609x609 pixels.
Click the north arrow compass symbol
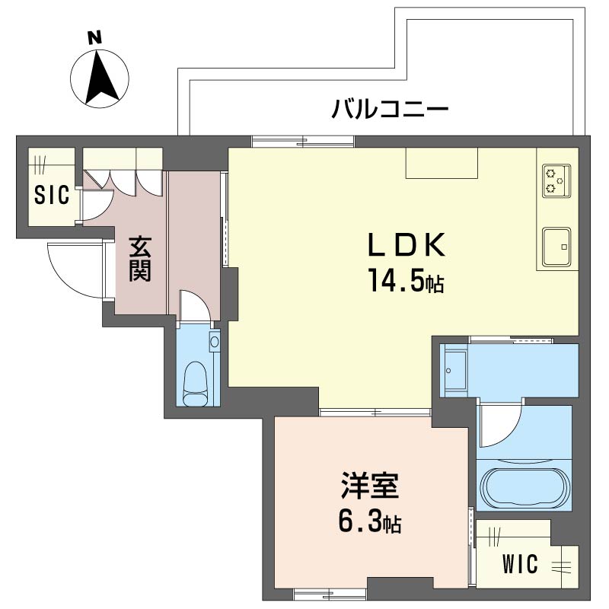coord(100,79)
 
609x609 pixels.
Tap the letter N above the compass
coord(94,37)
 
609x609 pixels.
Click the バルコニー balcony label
coord(390,108)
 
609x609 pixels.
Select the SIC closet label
coord(52,195)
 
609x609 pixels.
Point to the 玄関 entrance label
coord(140,258)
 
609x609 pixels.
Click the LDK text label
coord(407,245)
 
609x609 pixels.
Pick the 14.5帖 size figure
coord(407,280)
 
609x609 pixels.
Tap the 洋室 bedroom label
coord(370,485)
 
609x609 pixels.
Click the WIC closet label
coord(521,563)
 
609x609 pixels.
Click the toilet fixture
coord(195,384)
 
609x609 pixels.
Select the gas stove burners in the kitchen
coord(556,180)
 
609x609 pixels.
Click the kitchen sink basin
coord(556,247)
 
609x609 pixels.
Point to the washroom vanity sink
coord(455,371)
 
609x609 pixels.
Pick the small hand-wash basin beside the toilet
coord(214,341)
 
